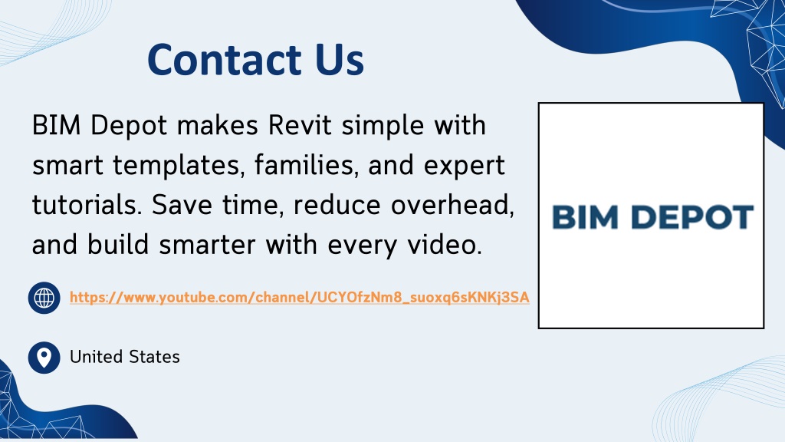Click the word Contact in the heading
(225, 60)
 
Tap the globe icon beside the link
(44, 299)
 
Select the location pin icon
(44, 358)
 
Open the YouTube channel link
(300, 298)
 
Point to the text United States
(125, 357)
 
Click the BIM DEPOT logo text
(652, 217)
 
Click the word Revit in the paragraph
(300, 125)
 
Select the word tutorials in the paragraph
(87, 205)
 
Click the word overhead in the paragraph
(452, 205)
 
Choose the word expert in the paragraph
(464, 166)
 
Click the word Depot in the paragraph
(129, 126)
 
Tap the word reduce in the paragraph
(337, 205)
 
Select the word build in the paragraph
(118, 245)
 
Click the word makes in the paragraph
(217, 125)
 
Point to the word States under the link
(154, 357)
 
